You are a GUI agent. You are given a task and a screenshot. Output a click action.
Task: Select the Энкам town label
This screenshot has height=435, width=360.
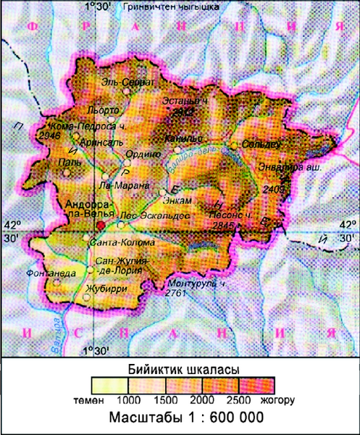[179, 199]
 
